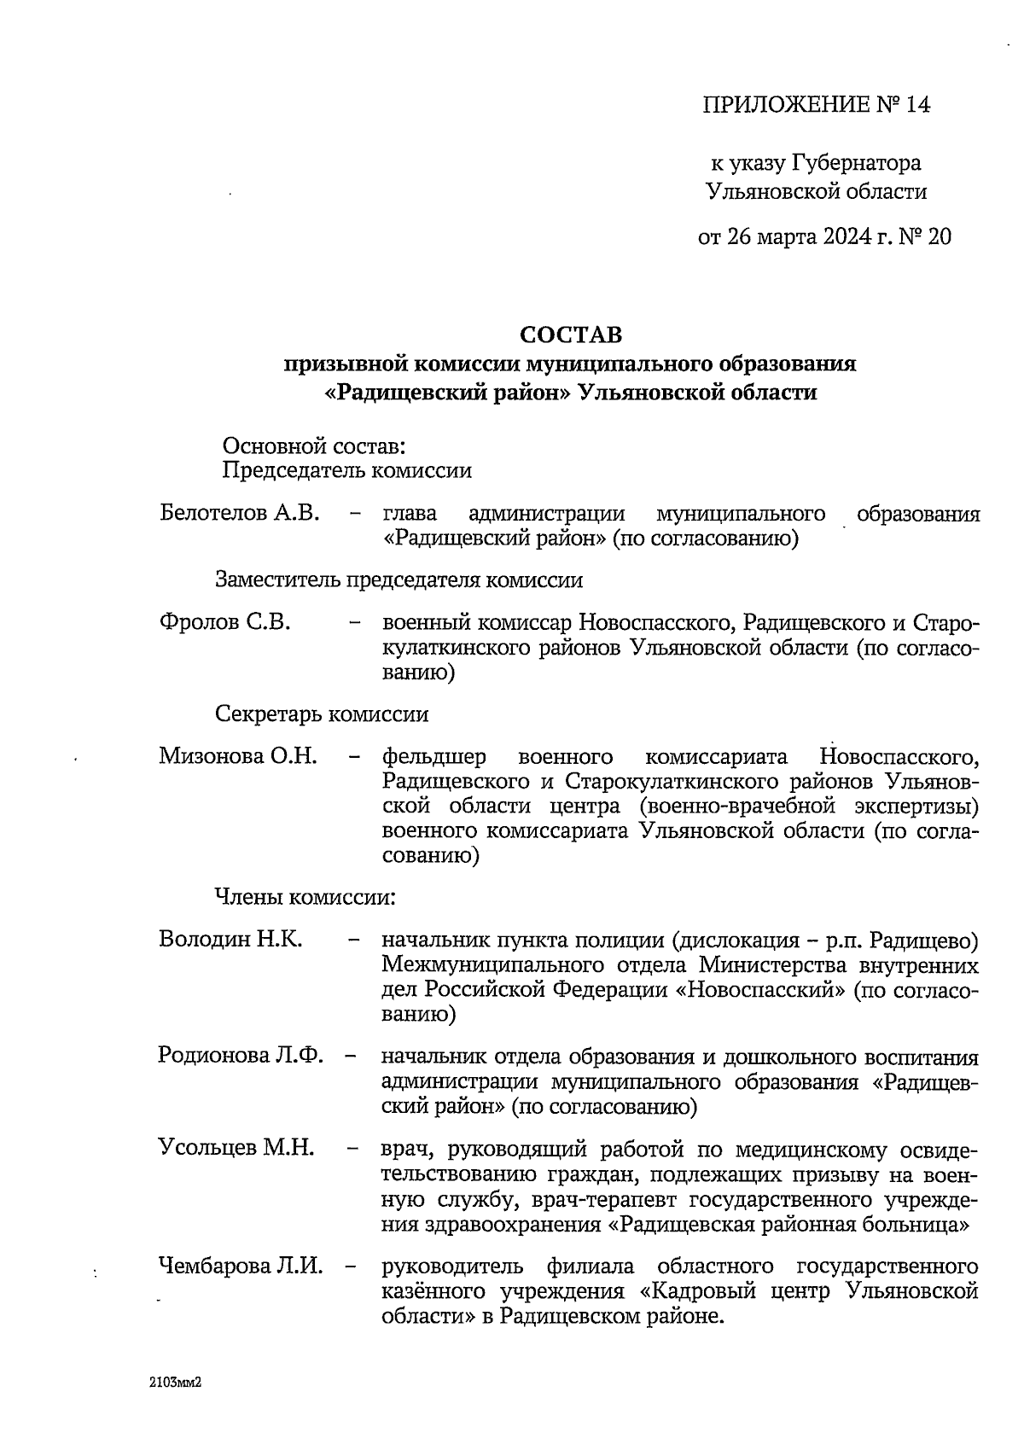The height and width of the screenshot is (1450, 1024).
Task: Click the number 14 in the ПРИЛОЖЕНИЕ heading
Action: pyautogui.click(x=916, y=105)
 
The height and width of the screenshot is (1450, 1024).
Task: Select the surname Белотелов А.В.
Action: pyautogui.click(x=239, y=514)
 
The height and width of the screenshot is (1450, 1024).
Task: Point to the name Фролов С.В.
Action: pyautogui.click(x=224, y=622)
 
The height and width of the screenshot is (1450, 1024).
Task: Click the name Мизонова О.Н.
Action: pyautogui.click(x=238, y=756)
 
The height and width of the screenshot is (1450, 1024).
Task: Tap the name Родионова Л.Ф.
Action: pyautogui.click(x=241, y=1056)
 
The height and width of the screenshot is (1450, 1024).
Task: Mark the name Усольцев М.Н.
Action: pyautogui.click(x=236, y=1148)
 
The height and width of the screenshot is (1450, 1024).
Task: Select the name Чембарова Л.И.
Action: pyautogui.click(x=241, y=1266)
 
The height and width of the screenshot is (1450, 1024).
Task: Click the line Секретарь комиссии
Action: pyautogui.click(x=321, y=713)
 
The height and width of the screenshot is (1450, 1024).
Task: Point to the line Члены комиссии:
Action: pyautogui.click(x=304, y=897)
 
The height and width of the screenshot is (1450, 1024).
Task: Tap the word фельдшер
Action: pyautogui.click(x=434, y=757)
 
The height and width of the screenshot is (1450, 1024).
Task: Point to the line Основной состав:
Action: pyautogui.click(x=312, y=445)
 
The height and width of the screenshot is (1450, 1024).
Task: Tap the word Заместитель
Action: pyautogui.click(x=278, y=580)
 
